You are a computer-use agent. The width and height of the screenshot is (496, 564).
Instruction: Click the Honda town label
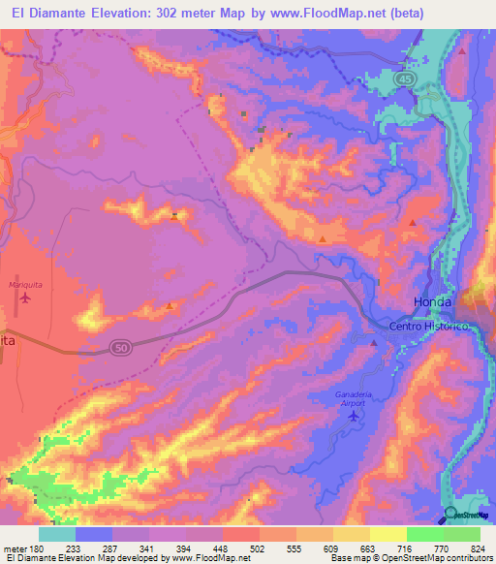(433, 301)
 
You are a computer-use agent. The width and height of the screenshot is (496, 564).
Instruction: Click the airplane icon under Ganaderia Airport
(352, 416)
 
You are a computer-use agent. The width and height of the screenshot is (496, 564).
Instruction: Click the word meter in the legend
(15, 548)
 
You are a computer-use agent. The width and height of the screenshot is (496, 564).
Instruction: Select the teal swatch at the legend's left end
(57, 534)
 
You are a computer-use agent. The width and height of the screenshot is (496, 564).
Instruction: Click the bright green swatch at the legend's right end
(461, 534)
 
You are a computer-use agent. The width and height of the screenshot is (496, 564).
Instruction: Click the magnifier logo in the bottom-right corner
(451, 514)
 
